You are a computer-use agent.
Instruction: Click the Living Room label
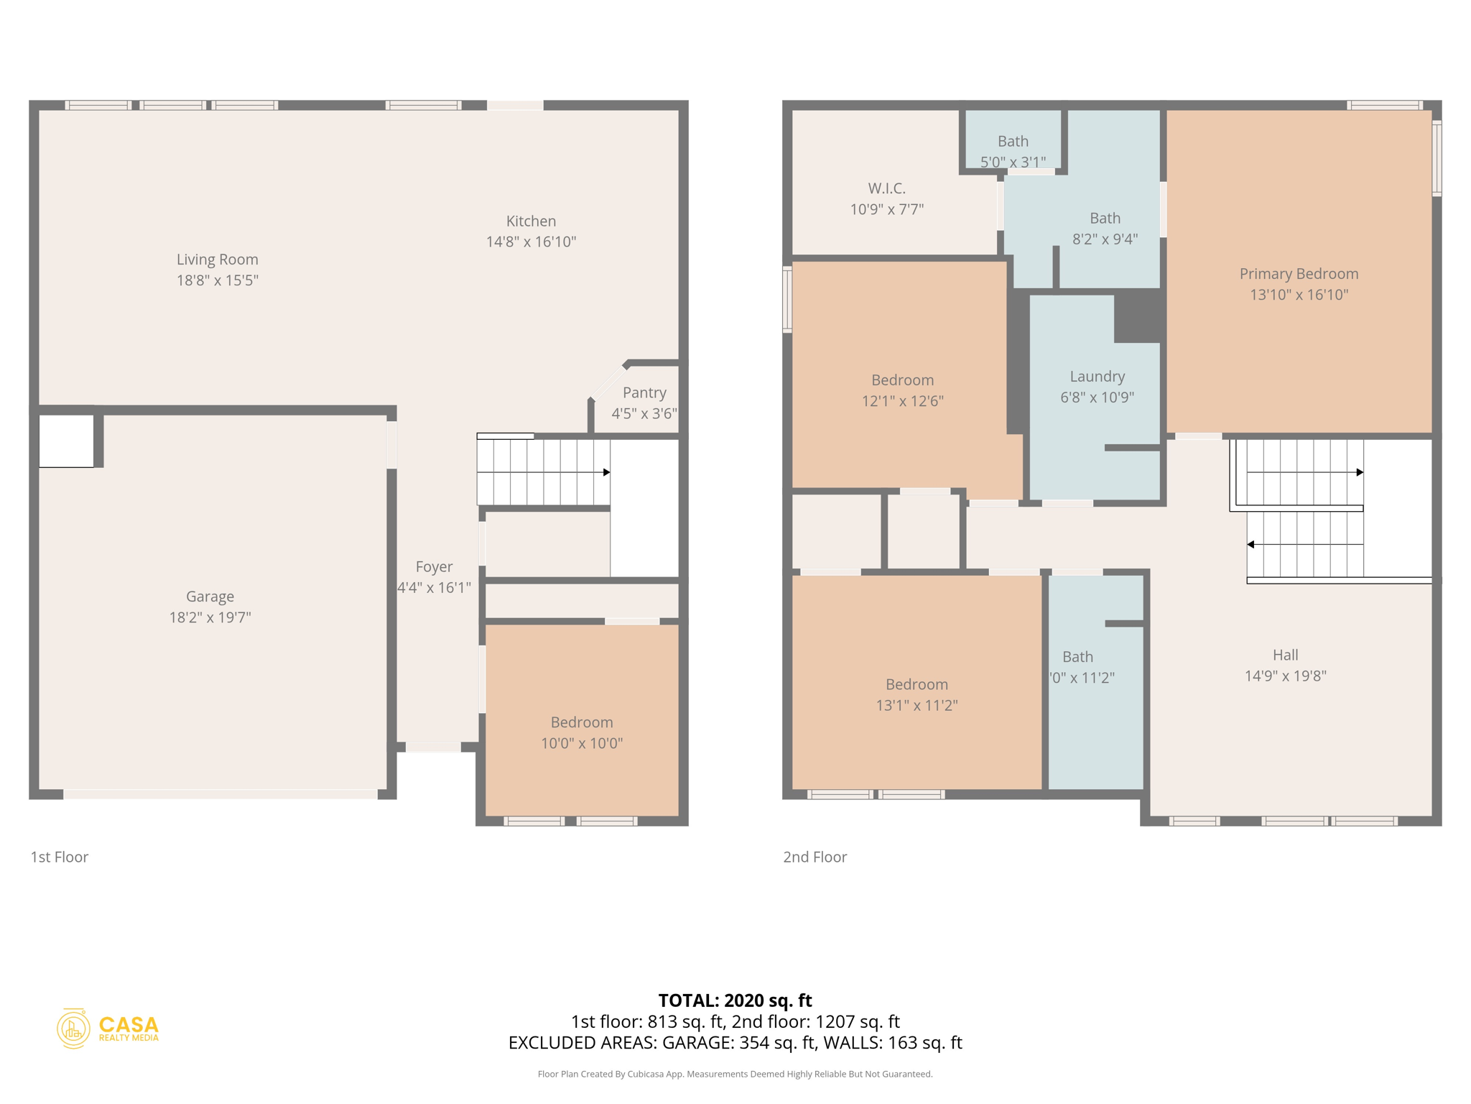point(217,259)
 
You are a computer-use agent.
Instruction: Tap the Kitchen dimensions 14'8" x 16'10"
point(531,242)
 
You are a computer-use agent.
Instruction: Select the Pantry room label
point(644,392)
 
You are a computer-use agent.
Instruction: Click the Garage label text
point(210,597)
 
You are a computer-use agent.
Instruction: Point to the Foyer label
point(434,567)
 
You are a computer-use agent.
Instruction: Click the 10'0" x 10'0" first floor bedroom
point(581,732)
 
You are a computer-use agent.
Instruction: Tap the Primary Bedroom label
point(1299,274)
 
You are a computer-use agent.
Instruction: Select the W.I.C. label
point(886,188)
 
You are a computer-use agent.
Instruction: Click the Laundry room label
point(1097,377)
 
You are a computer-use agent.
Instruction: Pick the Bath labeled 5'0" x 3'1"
point(1013,151)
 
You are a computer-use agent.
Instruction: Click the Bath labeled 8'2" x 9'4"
point(1105,228)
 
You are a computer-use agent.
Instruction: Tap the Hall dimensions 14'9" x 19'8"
point(1285,676)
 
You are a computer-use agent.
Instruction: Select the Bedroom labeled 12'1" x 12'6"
point(902,390)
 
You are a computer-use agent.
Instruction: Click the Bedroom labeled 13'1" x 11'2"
point(917,694)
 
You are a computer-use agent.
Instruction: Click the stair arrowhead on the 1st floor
point(607,472)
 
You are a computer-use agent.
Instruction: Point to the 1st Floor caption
point(59,857)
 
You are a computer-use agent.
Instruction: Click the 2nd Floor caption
point(815,857)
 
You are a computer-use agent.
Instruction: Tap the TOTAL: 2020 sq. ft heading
point(735,1000)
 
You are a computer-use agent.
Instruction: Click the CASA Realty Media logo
point(108,1029)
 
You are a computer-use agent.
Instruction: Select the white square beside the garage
point(66,441)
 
